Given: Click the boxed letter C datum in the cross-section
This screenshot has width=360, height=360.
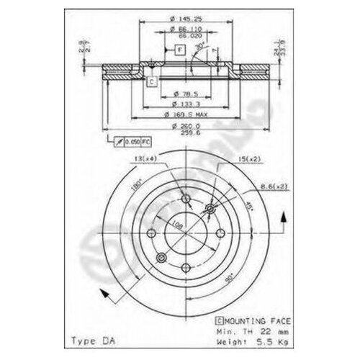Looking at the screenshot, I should [x=153, y=82].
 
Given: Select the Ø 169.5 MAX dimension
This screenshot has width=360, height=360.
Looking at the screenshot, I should [x=183, y=114].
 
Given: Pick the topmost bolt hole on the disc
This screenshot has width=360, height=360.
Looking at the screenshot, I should [x=185, y=199].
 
